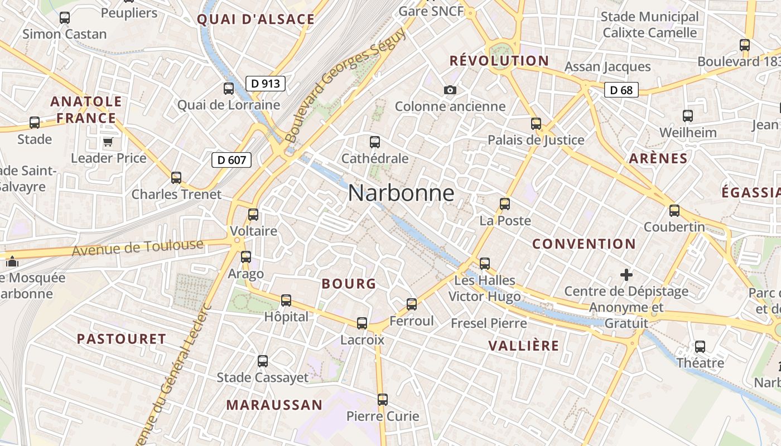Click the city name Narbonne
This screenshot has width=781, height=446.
click(401, 193)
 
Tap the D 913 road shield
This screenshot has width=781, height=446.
click(266, 84)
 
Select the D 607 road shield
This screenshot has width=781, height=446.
click(232, 160)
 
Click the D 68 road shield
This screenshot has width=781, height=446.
click(621, 90)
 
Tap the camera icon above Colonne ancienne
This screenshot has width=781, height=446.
click(450, 90)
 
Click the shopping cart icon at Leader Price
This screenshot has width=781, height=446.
click(108, 142)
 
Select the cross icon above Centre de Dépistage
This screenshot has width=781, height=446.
click(626, 274)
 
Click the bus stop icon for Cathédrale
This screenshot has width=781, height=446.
click(375, 142)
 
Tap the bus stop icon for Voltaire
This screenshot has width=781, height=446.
click(253, 215)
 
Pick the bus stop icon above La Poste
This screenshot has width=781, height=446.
click(505, 204)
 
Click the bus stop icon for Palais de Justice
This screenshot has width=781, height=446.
click(536, 124)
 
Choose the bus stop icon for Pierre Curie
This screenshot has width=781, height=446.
click(383, 400)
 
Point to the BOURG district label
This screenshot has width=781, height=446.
click(349, 284)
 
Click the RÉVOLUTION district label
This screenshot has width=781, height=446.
click(499, 61)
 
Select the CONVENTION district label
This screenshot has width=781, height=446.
click(584, 244)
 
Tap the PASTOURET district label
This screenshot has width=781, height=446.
click(122, 339)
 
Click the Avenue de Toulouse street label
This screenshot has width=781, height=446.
click(138, 248)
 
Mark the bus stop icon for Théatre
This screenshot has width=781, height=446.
click(700, 347)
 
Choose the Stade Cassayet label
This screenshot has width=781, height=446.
click(262, 377)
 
